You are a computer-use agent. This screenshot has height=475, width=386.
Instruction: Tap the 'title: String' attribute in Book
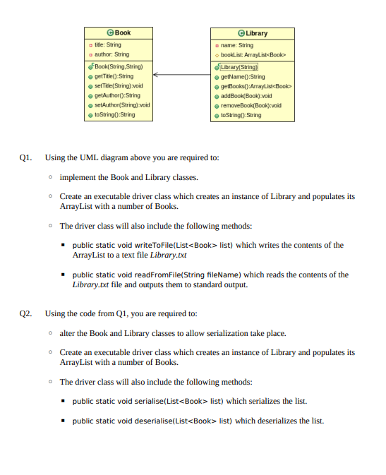point(107,44)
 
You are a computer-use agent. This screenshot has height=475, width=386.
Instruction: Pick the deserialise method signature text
point(152,421)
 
